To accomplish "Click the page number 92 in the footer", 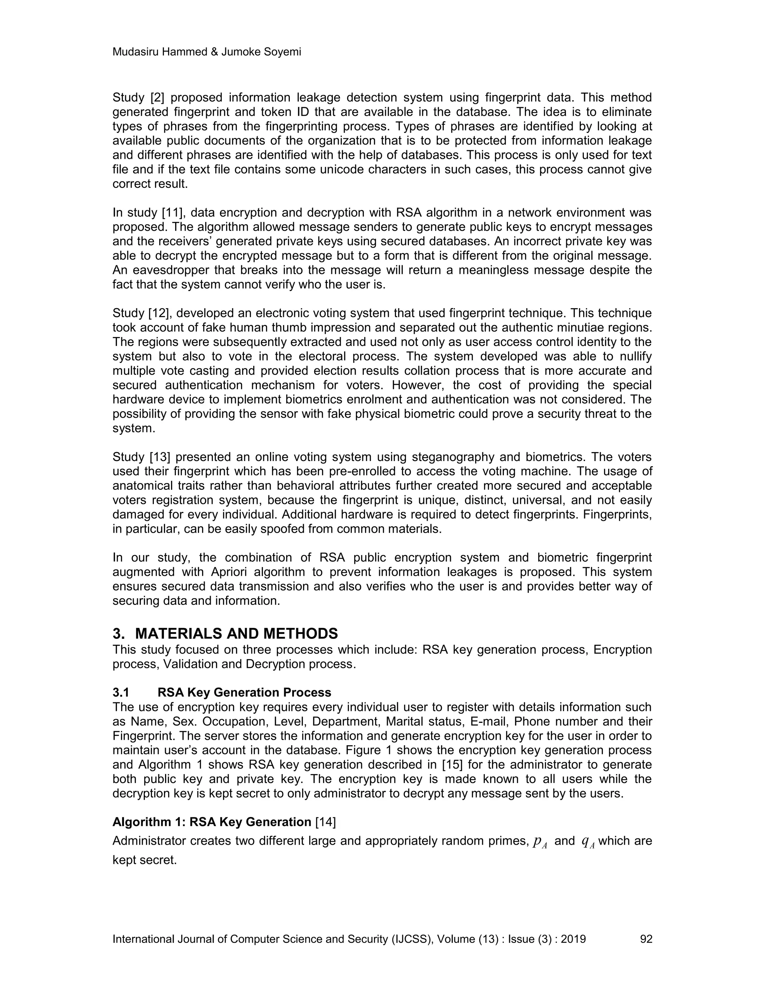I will [646, 939].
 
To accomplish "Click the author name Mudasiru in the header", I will [133, 52].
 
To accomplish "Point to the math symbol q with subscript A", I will [587, 842].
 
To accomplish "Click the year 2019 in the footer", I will [573, 939].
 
